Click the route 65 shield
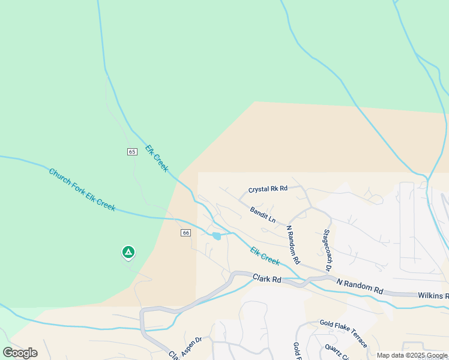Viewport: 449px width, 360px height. pyautogui.click(x=132, y=152)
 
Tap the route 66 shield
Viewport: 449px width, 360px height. pyautogui.click(x=185, y=233)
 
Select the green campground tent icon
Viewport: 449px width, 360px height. pyautogui.click(x=127, y=252)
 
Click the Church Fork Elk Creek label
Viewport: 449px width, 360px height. pyautogui.click(x=82, y=189)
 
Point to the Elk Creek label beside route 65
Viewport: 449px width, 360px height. pyautogui.click(x=157, y=158)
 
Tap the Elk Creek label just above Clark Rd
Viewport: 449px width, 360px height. pyautogui.click(x=265, y=256)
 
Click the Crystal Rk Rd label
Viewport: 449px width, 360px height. pyautogui.click(x=268, y=188)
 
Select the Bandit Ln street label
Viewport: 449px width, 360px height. pyautogui.click(x=263, y=215)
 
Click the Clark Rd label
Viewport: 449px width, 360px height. pyautogui.click(x=267, y=279)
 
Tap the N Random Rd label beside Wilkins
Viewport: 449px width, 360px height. pyautogui.click(x=360, y=286)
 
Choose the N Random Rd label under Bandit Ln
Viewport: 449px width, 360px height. pyautogui.click(x=293, y=244)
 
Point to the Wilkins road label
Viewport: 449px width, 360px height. pyautogui.click(x=433, y=296)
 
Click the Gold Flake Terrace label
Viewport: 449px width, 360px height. pyautogui.click(x=343, y=334)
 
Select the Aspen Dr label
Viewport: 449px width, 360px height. pyautogui.click(x=190, y=340)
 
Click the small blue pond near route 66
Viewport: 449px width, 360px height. pyautogui.click(x=216, y=236)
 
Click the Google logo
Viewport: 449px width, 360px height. pyautogui.click(x=20, y=353)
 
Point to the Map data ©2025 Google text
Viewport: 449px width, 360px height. pyautogui.click(x=412, y=355)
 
